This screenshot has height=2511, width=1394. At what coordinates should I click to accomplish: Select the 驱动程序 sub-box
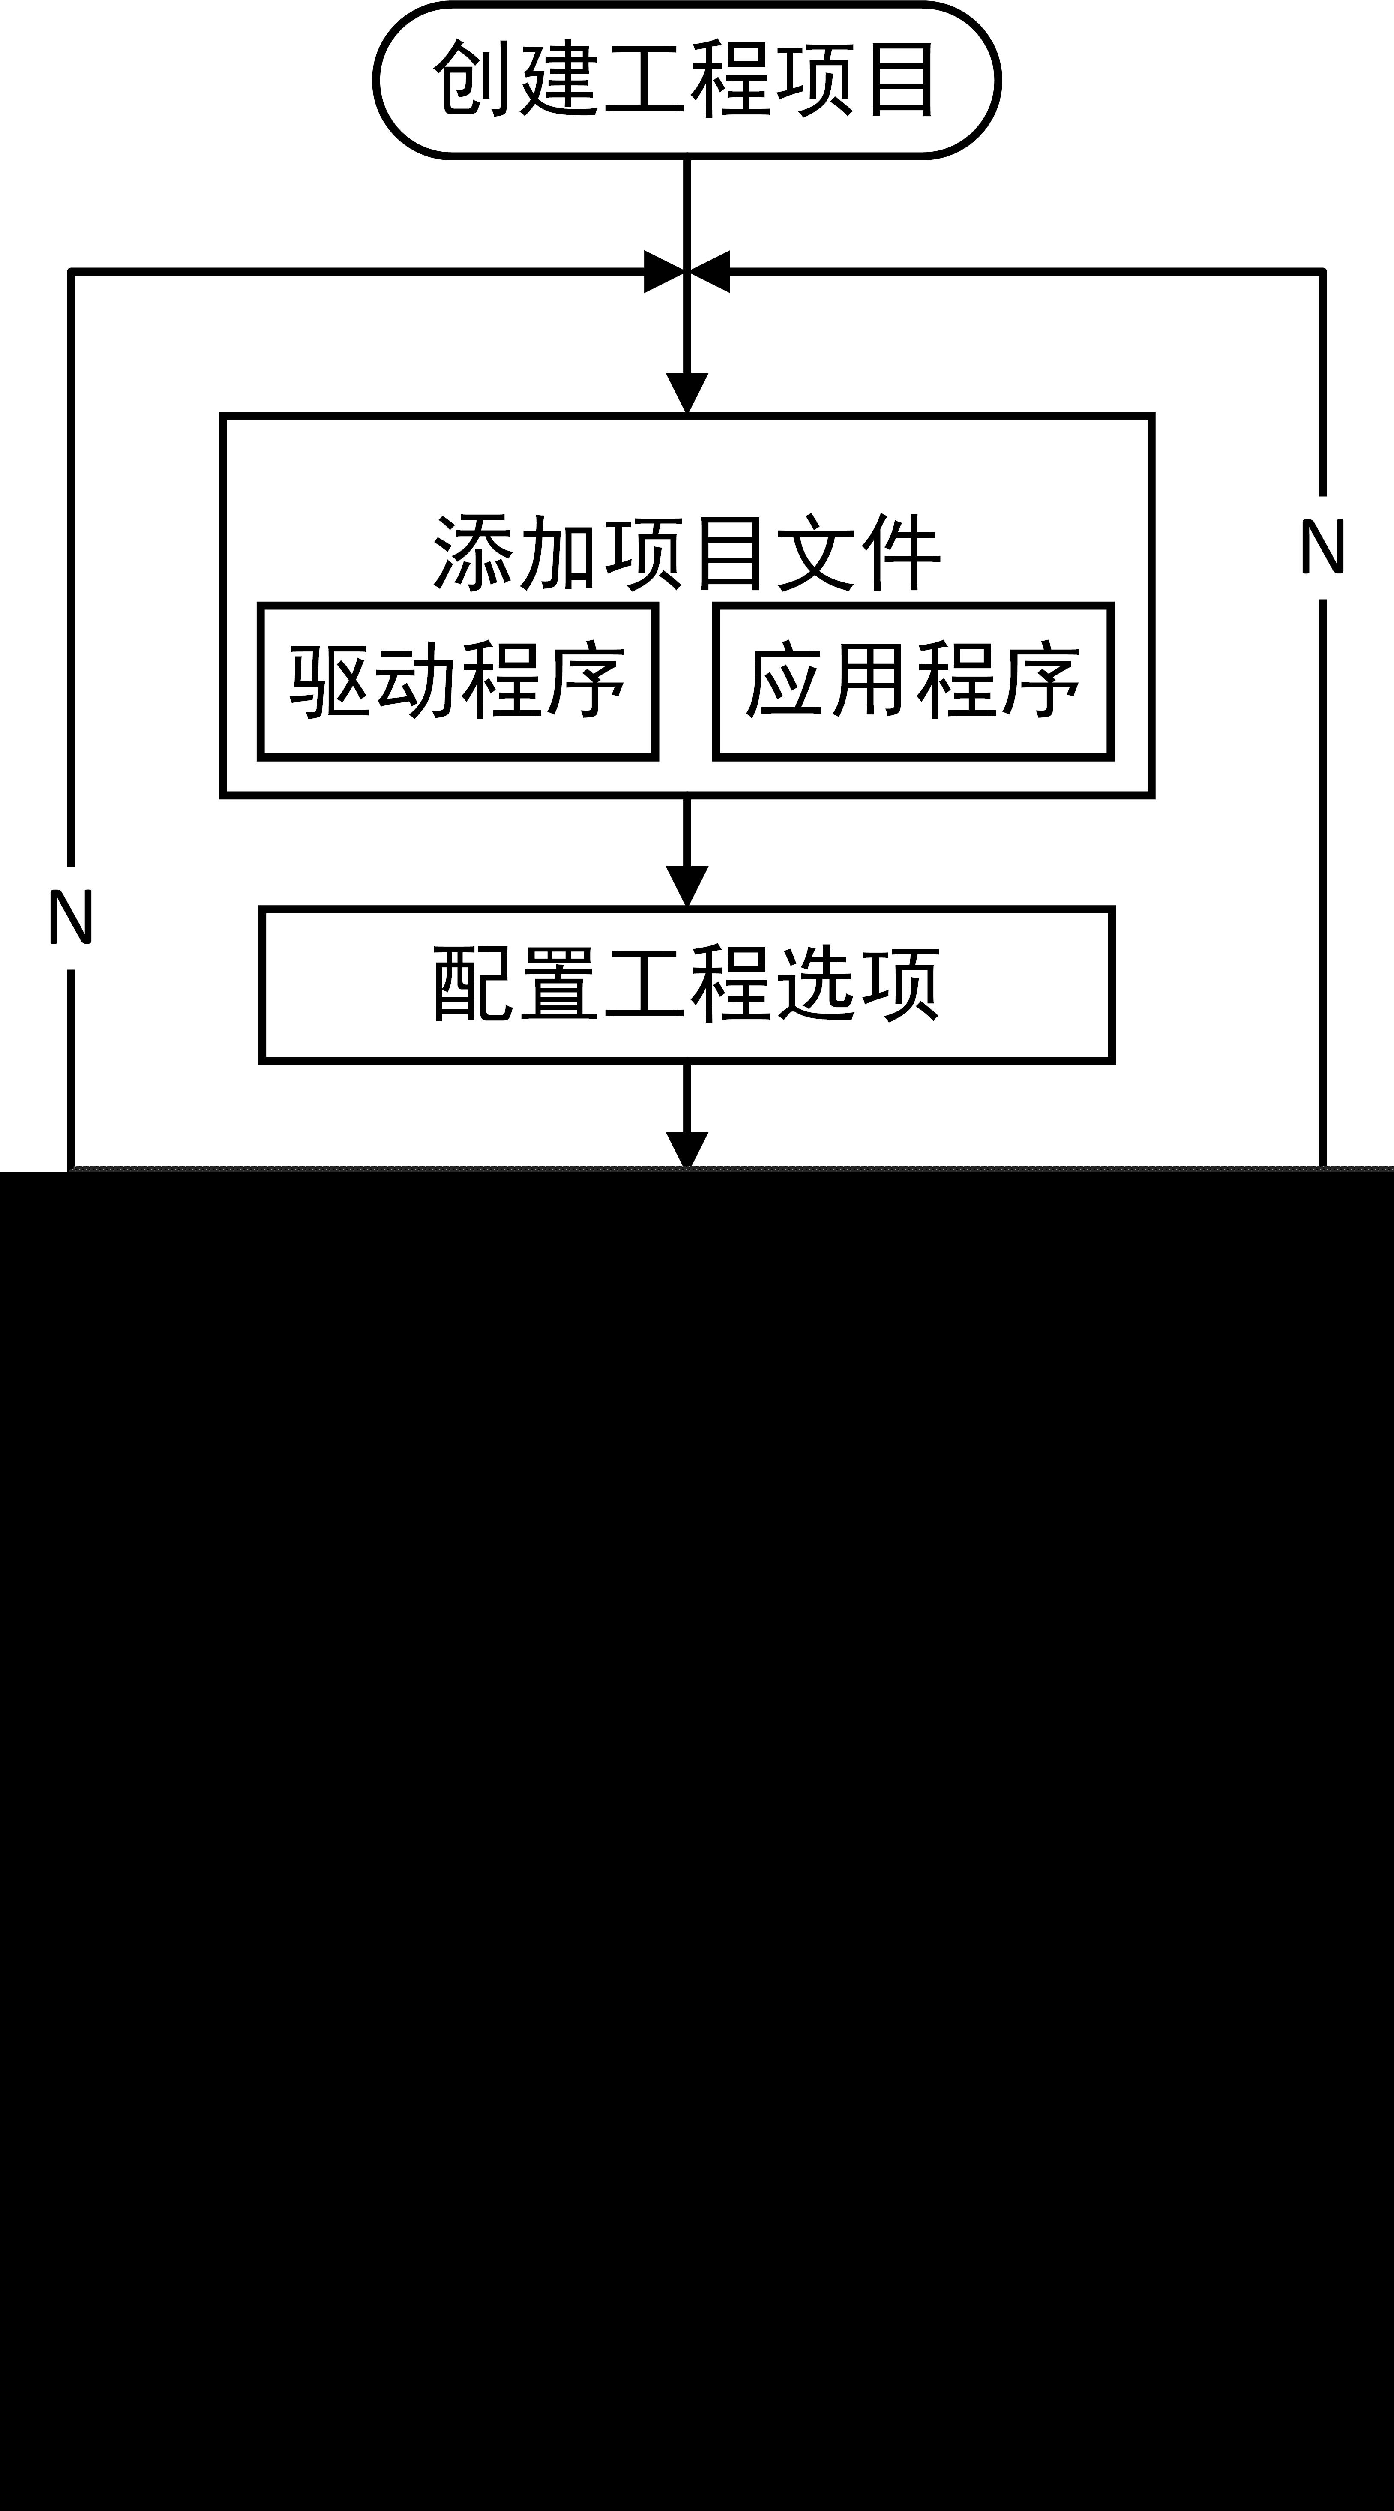[x=457, y=681]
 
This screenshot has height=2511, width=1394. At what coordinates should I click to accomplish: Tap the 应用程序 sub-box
[x=912, y=681]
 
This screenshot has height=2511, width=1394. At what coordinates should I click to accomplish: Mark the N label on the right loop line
[x=1323, y=547]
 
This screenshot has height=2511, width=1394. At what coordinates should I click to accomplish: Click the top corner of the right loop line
[x=1323, y=272]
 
